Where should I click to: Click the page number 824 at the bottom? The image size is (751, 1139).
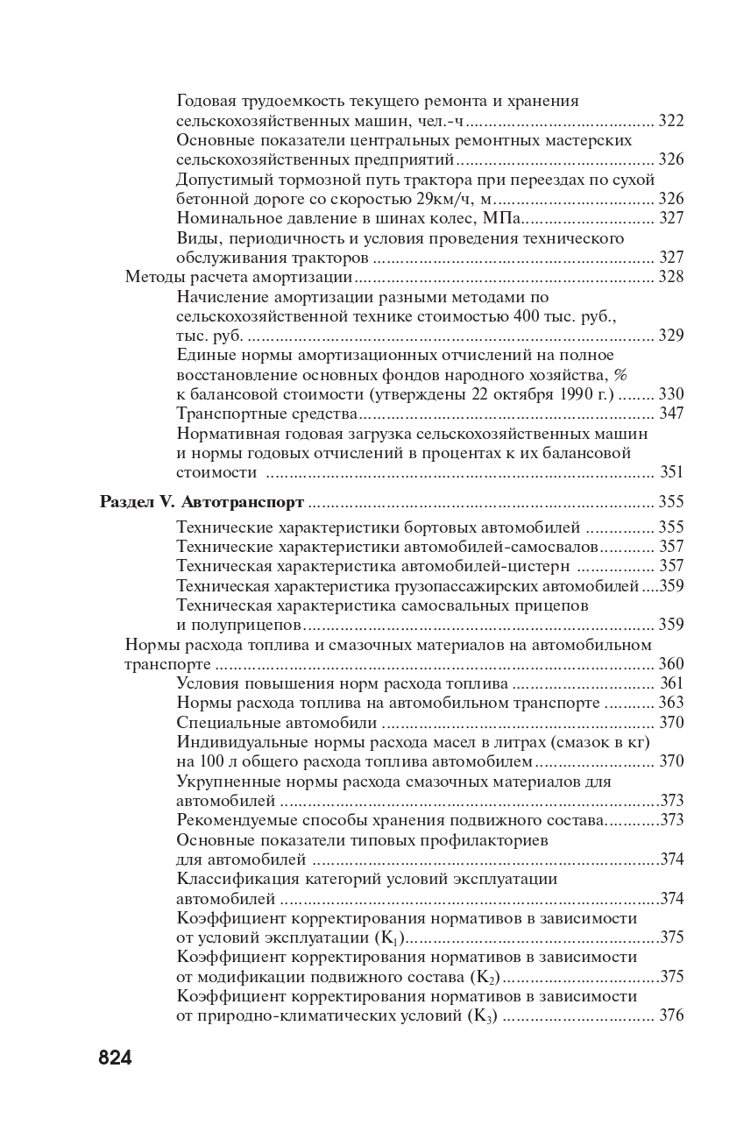point(115,1058)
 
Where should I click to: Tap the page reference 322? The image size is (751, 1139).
point(670,121)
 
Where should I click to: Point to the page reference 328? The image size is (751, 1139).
point(670,277)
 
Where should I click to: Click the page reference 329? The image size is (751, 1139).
point(670,336)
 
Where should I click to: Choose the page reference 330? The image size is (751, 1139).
point(670,394)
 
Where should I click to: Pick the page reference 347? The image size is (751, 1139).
point(670,414)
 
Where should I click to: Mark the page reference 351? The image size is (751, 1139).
point(670,472)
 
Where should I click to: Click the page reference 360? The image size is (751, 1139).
point(670,664)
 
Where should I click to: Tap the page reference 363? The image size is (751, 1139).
point(670,703)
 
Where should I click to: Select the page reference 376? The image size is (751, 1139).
point(670,1015)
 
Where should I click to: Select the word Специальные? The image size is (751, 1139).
point(228,723)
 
